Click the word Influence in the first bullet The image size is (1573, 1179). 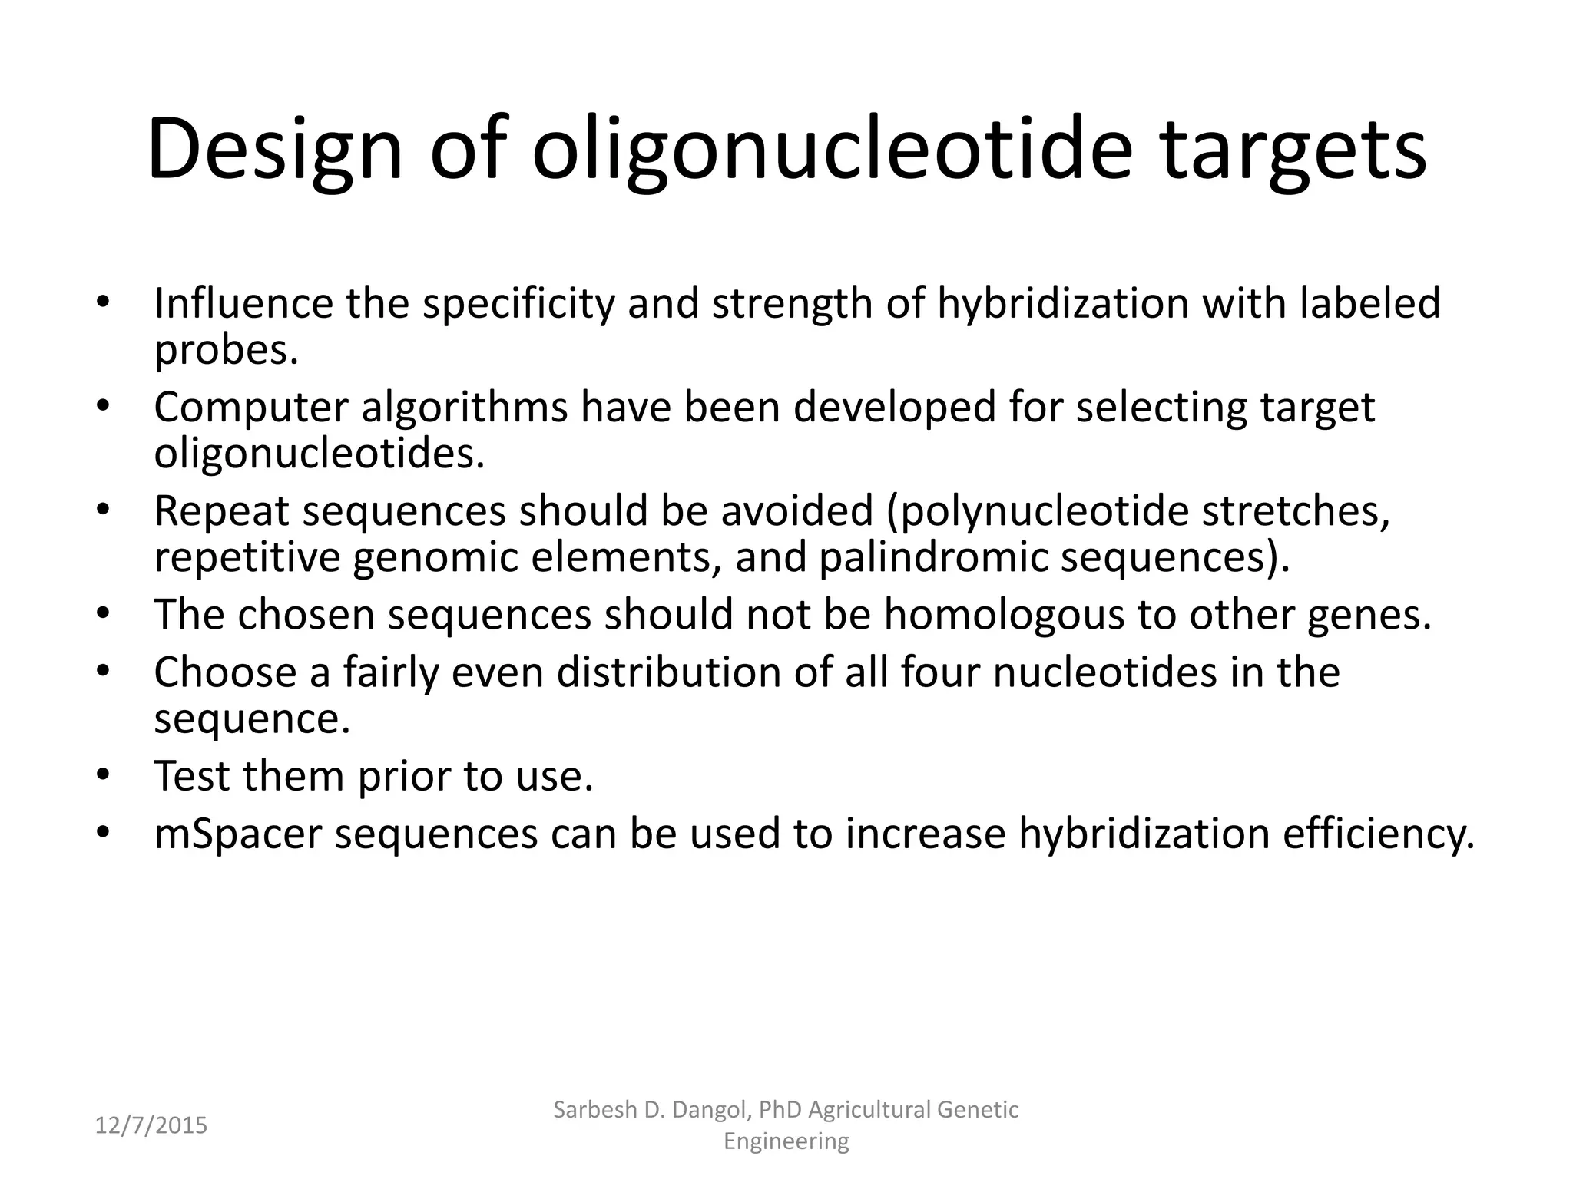pyautogui.click(x=243, y=303)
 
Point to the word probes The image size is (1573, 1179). pyautogui.click(x=225, y=352)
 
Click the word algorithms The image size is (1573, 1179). pyautogui.click(x=465, y=407)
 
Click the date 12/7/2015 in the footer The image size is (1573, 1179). pyautogui.click(x=151, y=1126)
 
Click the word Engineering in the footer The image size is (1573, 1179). pyautogui.click(x=786, y=1141)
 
